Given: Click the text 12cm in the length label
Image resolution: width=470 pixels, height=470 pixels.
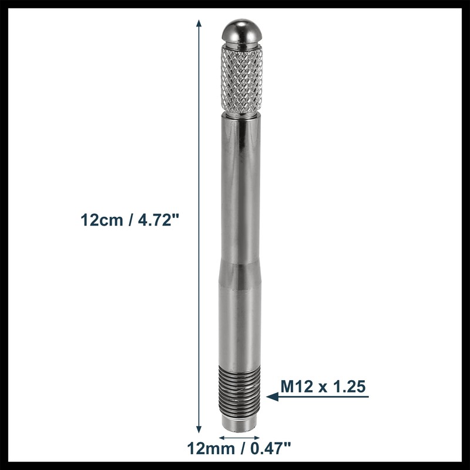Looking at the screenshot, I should tap(100, 220).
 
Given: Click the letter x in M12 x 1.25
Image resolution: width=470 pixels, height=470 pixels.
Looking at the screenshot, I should tap(322, 388).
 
